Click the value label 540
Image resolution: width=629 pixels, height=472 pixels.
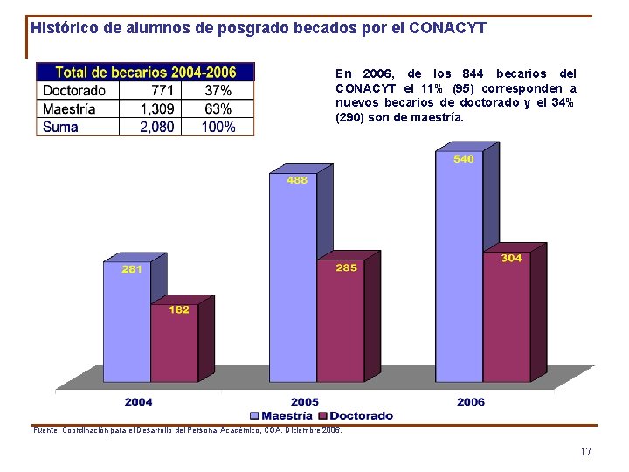click(464, 159)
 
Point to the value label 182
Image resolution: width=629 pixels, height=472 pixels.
click(178, 309)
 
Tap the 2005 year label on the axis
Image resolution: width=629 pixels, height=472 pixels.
click(305, 402)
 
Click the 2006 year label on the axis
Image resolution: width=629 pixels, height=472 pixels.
click(471, 402)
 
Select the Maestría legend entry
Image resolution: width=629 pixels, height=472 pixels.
click(281, 415)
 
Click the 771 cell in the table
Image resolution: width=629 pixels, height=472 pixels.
click(162, 90)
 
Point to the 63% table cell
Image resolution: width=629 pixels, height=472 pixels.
click(218, 108)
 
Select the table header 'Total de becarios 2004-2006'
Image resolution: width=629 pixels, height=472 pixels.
click(145, 72)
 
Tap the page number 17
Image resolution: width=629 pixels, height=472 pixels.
click(585, 452)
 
